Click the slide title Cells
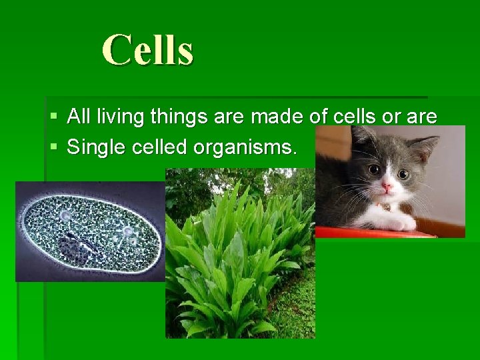[147, 50]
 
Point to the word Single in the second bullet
[96, 147]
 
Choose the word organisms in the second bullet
[244, 147]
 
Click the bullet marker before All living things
[54, 117]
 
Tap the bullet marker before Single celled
[54, 147]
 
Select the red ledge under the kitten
[373, 232]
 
